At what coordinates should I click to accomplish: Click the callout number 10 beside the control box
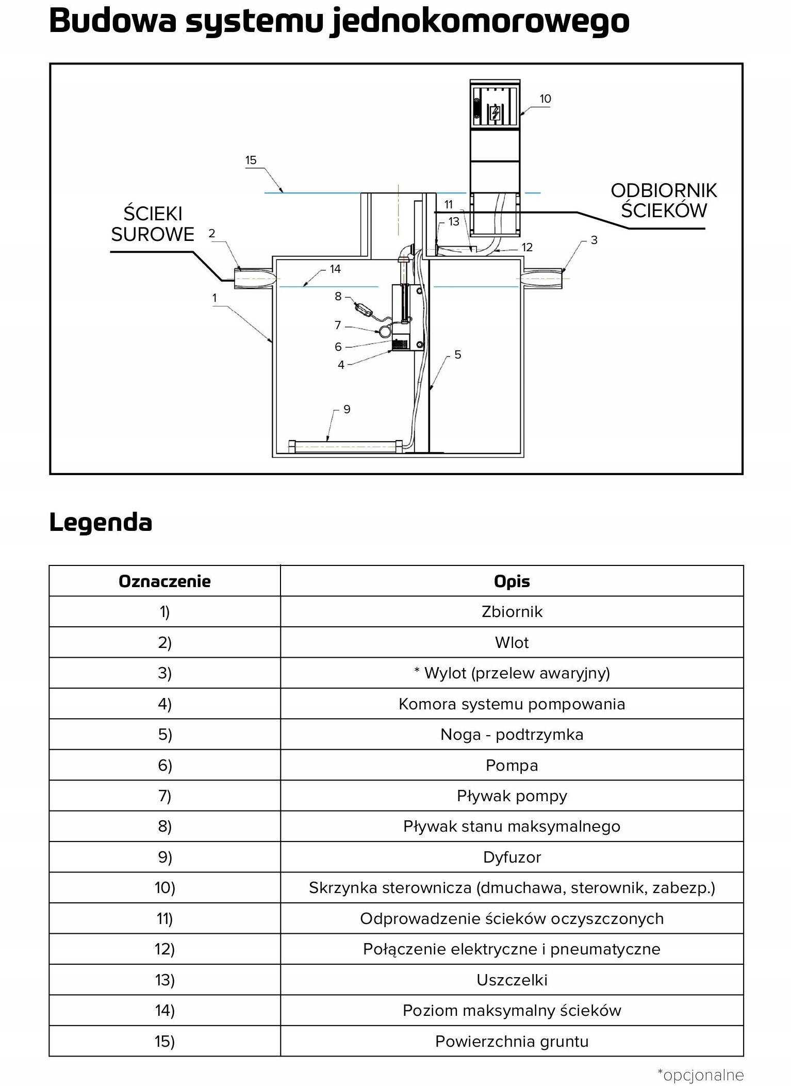(545, 99)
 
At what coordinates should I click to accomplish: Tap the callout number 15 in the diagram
(251, 160)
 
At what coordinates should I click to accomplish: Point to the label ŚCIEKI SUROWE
(153, 224)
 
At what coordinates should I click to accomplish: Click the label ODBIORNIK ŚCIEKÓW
(664, 201)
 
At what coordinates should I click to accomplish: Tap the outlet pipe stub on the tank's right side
(541, 279)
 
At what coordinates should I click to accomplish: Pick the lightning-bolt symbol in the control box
(496, 112)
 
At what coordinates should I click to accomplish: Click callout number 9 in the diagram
(347, 409)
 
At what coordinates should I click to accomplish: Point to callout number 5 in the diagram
(457, 354)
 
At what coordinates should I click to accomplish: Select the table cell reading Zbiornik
(512, 612)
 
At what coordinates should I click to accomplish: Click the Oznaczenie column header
(164, 581)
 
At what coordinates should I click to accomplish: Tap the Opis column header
(512, 581)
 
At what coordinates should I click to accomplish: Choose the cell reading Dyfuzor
(512, 857)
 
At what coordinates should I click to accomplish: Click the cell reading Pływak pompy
(512, 796)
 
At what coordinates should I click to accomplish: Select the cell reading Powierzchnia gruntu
(512, 1041)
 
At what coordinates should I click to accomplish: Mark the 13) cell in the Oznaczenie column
(164, 980)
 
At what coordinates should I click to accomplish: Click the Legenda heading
(101, 523)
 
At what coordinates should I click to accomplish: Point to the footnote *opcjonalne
(700, 1075)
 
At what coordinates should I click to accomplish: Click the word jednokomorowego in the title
(480, 22)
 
